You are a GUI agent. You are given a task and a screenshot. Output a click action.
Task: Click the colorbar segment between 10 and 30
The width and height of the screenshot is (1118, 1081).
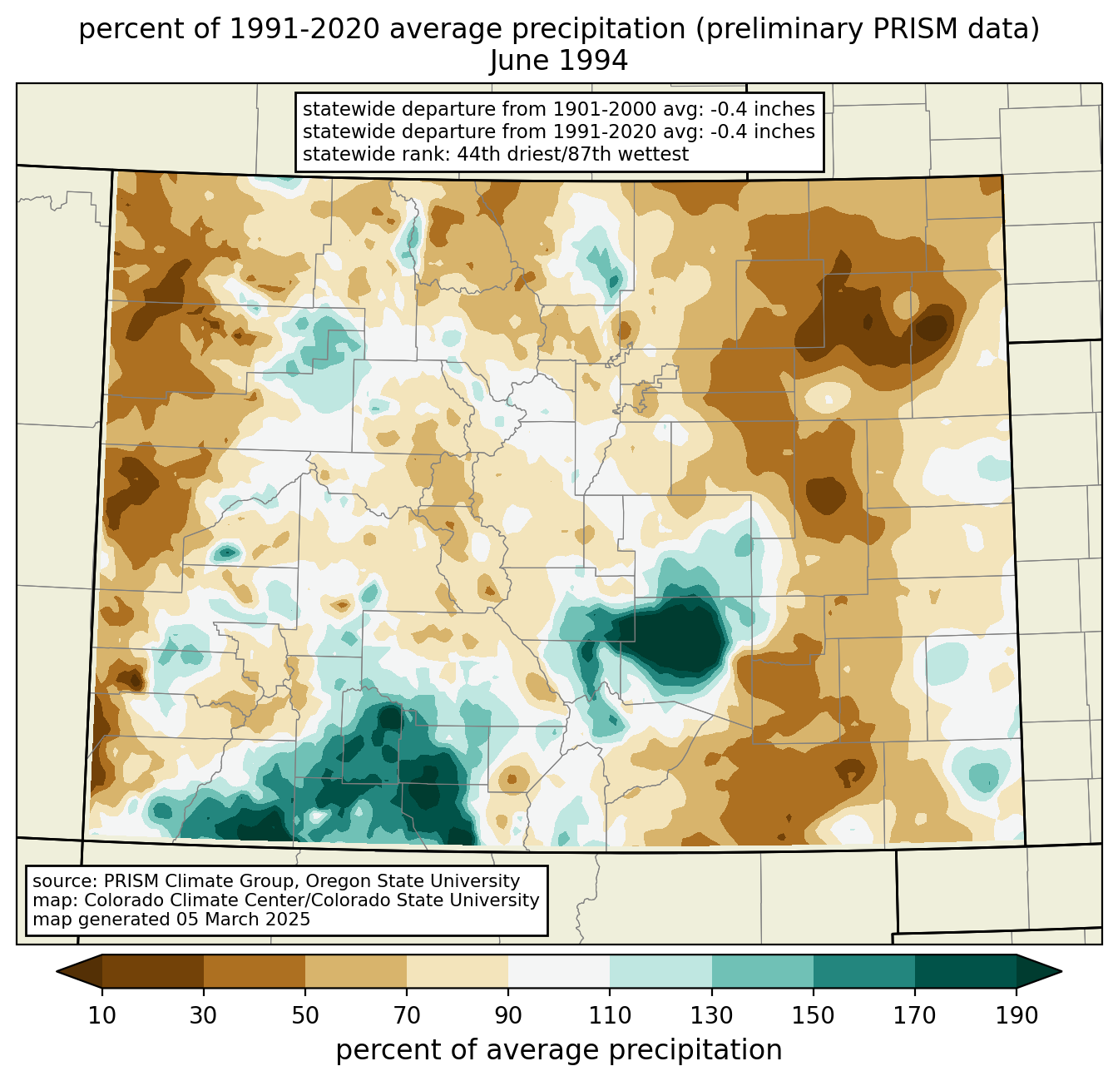[153, 971]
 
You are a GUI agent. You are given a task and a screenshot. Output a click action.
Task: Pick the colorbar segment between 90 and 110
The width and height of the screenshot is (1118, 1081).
[559, 971]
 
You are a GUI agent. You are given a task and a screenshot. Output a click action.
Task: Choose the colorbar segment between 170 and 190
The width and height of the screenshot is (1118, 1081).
[965, 971]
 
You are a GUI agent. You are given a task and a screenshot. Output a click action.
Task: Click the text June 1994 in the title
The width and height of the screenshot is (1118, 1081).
[559, 61]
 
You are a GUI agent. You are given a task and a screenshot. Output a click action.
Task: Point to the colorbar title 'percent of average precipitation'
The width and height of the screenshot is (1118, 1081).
[559, 1050]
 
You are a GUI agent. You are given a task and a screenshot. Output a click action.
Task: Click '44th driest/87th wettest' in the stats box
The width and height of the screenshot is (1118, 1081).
[572, 154]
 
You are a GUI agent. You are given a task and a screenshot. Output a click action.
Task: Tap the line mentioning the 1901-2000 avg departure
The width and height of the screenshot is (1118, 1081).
[558, 109]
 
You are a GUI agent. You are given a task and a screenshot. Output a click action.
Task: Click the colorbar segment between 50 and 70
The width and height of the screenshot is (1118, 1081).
[356, 971]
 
